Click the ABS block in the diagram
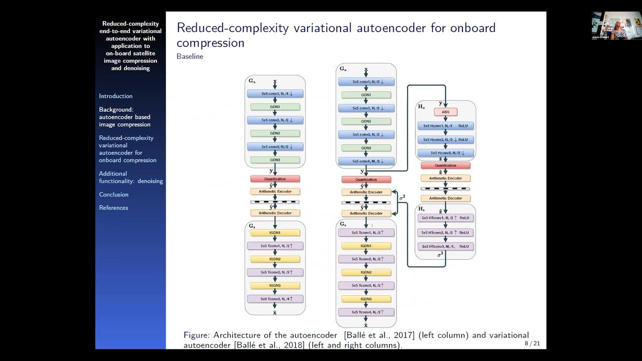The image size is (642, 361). point(445,112)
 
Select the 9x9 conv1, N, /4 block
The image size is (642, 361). point(275,93)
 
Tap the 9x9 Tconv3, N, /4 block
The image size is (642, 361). point(275,299)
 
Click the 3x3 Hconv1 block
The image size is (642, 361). point(445,126)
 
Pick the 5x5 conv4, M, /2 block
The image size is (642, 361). point(366,161)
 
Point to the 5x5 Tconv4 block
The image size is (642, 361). point(366,312)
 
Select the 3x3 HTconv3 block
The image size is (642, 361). point(445,246)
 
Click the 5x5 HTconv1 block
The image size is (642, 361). point(445,218)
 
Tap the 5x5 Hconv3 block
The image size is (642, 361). point(445,153)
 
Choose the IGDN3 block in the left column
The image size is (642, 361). point(275,285)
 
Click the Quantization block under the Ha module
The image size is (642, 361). point(445,165)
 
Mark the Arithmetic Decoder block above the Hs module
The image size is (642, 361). point(445,198)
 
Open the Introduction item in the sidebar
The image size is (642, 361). point(116,96)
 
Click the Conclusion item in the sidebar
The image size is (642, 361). point(114,195)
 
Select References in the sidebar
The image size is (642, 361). point(113,208)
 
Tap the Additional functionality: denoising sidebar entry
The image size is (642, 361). point(130,177)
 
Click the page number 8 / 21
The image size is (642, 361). point(532,343)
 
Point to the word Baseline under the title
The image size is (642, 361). point(190,57)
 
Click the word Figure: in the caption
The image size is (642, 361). point(197,335)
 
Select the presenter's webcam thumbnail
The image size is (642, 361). point(616,25)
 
